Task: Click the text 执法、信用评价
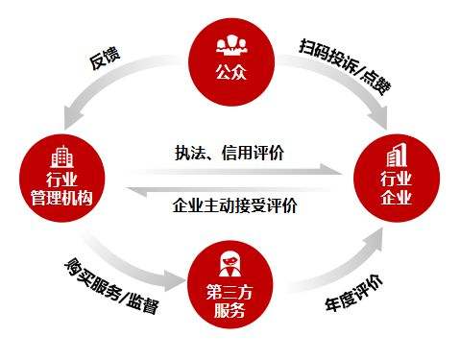[x=230, y=151]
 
